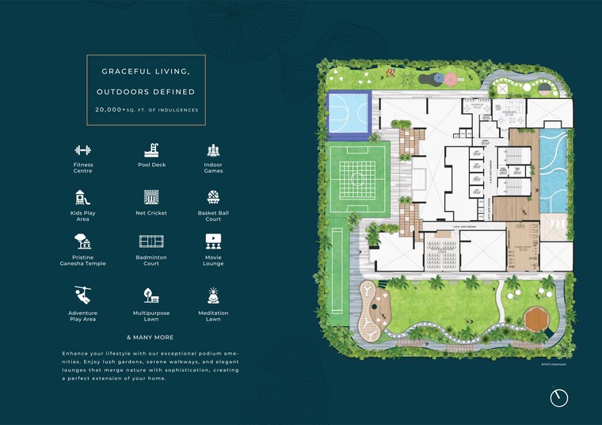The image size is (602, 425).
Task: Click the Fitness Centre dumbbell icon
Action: tap(83, 150)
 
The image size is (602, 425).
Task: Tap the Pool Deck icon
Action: tap(148, 150)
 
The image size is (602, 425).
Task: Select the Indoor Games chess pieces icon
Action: tap(213, 150)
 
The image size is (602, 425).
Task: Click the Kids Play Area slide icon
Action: tap(83, 197)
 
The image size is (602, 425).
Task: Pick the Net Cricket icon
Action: tap(148, 197)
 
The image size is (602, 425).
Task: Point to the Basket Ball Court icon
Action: tap(213, 197)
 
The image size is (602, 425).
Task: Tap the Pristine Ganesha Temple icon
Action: tap(83, 242)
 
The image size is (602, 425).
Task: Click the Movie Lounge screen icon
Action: tap(213, 242)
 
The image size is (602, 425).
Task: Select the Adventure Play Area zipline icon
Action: tap(83, 294)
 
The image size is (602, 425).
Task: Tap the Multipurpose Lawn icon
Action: tap(148, 294)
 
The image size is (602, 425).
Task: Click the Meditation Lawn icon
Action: tap(213, 294)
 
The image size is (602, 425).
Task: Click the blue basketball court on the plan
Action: tap(349, 107)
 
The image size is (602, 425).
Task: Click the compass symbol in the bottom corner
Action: tap(559, 397)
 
